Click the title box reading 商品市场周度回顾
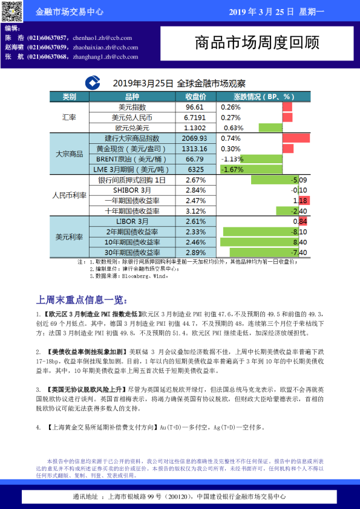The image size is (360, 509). (x=257, y=43)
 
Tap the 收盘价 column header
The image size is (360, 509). (x=195, y=97)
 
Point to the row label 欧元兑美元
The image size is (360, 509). (x=132, y=128)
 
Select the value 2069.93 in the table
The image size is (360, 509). (x=195, y=138)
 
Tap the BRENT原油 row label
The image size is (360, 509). (x=127, y=159)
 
